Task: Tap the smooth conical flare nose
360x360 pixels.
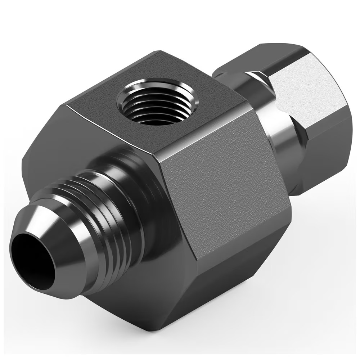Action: (x=59, y=230)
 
